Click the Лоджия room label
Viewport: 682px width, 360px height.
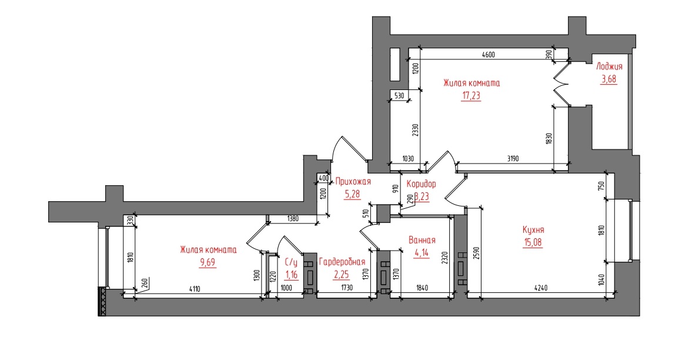tap(609, 66)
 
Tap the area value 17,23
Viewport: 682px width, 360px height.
tap(471, 95)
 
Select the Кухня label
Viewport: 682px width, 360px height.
tap(533, 230)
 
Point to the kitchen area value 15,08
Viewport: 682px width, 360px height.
tap(533, 242)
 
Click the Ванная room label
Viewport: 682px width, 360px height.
tap(422, 240)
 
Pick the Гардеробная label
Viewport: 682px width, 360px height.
tap(342, 262)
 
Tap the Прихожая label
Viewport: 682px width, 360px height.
tap(353, 182)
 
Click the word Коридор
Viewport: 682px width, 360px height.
tap(421, 184)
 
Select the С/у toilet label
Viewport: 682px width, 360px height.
tap(291, 262)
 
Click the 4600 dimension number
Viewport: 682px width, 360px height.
tap(489, 55)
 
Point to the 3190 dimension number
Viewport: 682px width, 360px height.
tap(513, 159)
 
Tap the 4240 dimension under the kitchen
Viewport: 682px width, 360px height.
tap(541, 288)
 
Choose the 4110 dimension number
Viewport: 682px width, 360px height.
tap(194, 289)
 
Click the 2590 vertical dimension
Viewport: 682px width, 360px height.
tap(477, 254)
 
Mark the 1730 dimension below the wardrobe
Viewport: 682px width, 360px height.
tap(347, 288)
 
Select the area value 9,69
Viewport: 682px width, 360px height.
tap(208, 262)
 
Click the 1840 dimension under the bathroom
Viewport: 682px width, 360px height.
tap(422, 288)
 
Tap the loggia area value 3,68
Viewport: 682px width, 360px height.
tap(609, 79)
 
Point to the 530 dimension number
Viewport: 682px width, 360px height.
tap(399, 96)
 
